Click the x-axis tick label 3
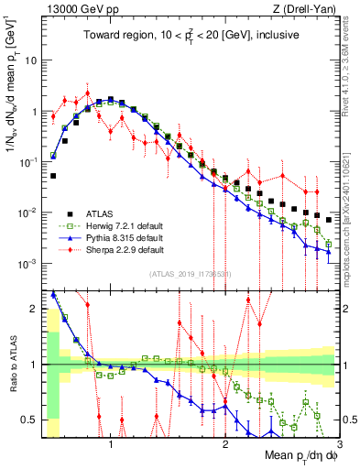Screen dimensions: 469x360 pos(339,445)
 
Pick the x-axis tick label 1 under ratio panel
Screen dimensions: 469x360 pos(111,445)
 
